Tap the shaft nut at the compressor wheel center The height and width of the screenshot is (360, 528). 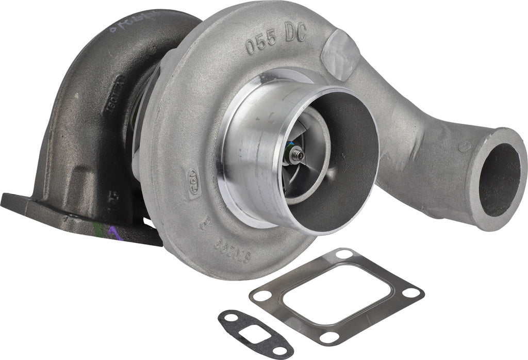(x=298, y=154)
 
